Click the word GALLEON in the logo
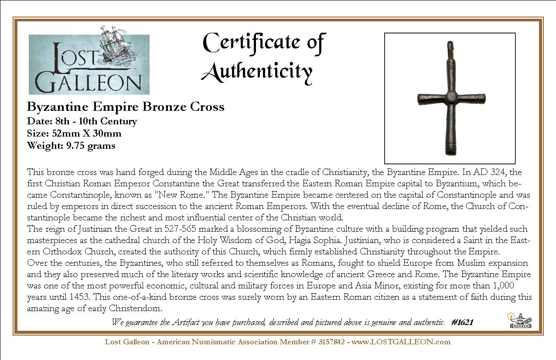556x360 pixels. pyautogui.click(x=89, y=81)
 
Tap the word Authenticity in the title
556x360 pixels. pyautogui.click(x=257, y=71)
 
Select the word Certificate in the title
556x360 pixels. pyautogui.click(x=248, y=42)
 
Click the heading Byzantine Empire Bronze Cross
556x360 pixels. pyautogui.click(x=126, y=107)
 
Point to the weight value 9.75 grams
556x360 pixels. pyautogui.click(x=91, y=146)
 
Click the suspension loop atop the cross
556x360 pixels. pyautogui.click(x=450, y=46)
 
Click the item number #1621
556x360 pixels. pyautogui.click(x=462, y=322)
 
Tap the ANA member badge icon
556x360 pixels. pyautogui.click(x=519, y=321)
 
